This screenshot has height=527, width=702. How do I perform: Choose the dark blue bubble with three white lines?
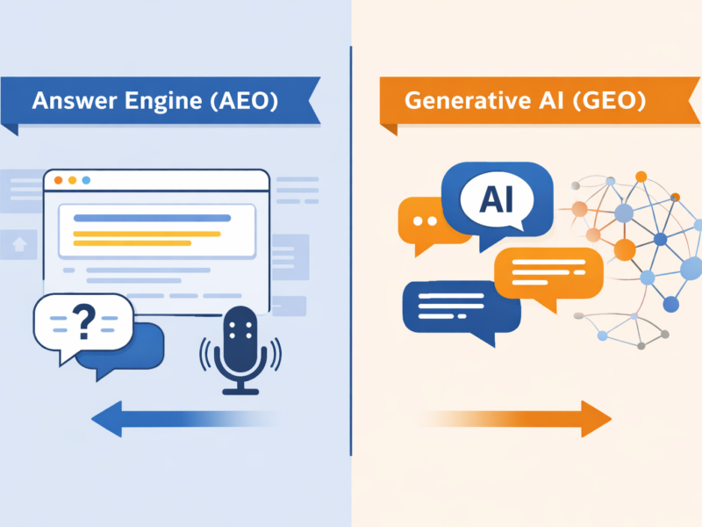pos(448,307)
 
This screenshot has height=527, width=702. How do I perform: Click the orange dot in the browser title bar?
pos(59,180)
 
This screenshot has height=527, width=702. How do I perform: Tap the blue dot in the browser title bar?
pos(86,180)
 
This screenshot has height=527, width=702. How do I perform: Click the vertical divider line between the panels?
pos(351,263)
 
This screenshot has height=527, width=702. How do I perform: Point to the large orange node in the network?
pos(624,250)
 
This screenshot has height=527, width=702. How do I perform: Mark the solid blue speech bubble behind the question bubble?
pos(132,347)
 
